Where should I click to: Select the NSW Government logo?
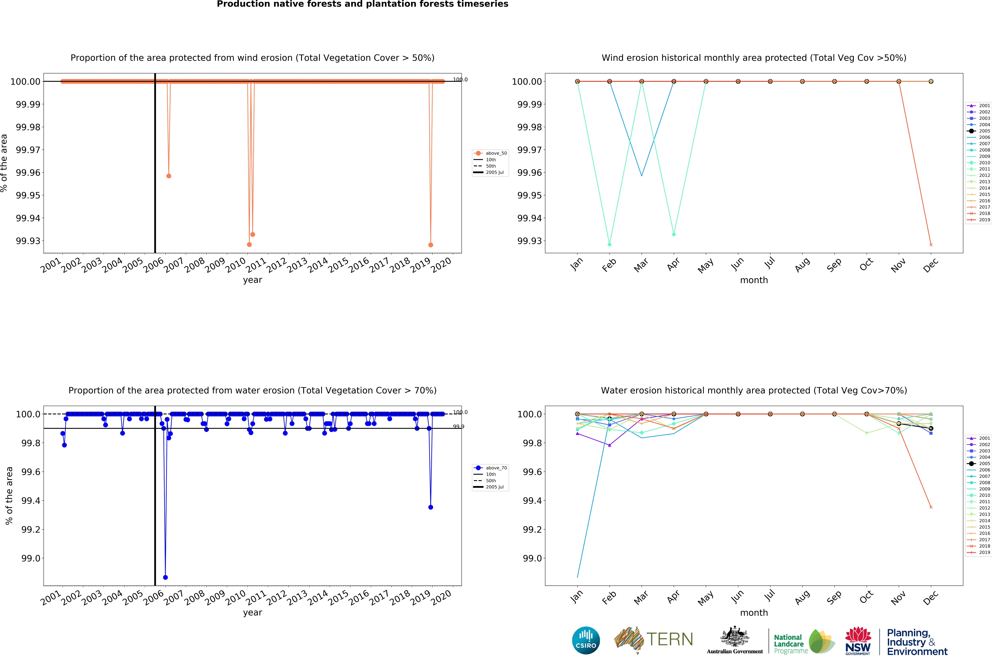(x=858, y=641)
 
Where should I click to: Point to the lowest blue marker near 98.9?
(x=165, y=577)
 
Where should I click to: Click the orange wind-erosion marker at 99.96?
(x=169, y=176)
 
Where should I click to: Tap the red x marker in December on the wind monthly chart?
(x=931, y=245)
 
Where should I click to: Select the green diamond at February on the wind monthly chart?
(x=609, y=245)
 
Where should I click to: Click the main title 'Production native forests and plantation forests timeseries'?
(x=363, y=4)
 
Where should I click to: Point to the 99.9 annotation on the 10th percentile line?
(x=458, y=426)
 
